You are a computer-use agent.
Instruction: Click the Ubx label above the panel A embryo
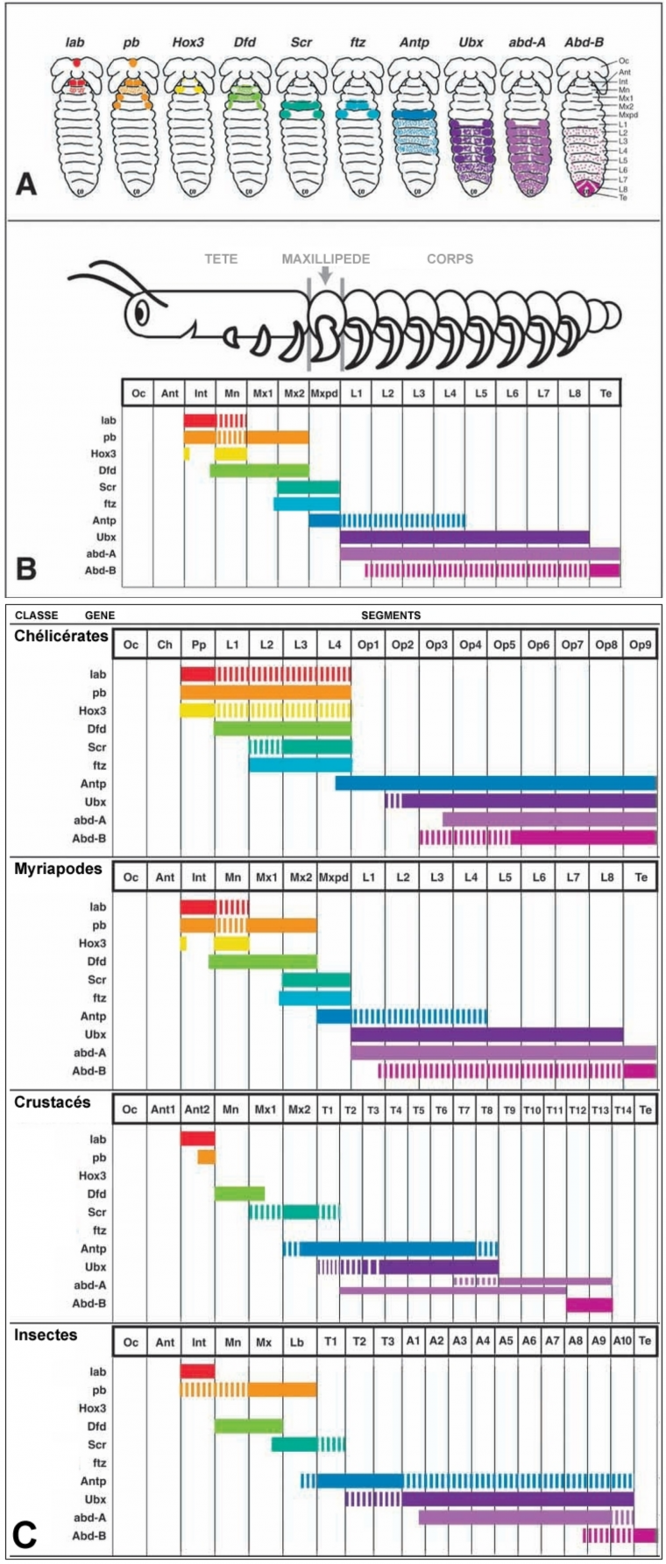(x=470, y=42)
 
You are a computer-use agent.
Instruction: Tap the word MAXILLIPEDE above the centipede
(x=325, y=259)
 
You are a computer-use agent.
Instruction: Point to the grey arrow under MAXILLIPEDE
(x=325, y=275)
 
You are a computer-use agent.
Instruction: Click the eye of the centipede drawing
(x=143, y=311)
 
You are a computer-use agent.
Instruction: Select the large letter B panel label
(x=26, y=569)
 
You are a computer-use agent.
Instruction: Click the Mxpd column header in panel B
(x=324, y=393)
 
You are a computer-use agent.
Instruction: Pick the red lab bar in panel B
(x=200, y=420)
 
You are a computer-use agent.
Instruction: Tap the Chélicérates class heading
(x=61, y=637)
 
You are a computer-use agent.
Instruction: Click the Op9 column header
(x=641, y=645)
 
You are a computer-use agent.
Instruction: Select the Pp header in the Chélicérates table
(x=198, y=645)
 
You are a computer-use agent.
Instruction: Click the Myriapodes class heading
(x=58, y=869)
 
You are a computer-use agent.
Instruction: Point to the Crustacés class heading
(x=53, y=1102)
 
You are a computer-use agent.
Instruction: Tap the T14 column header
(x=622, y=1110)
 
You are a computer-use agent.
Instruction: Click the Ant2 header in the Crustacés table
(x=198, y=1110)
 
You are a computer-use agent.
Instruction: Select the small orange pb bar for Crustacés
(x=206, y=1158)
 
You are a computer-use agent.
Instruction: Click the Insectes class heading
(x=46, y=1335)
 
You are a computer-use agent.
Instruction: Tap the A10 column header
(x=622, y=1342)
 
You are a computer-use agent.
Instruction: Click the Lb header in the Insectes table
(x=297, y=1342)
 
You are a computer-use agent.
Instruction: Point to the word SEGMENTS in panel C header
(x=391, y=616)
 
